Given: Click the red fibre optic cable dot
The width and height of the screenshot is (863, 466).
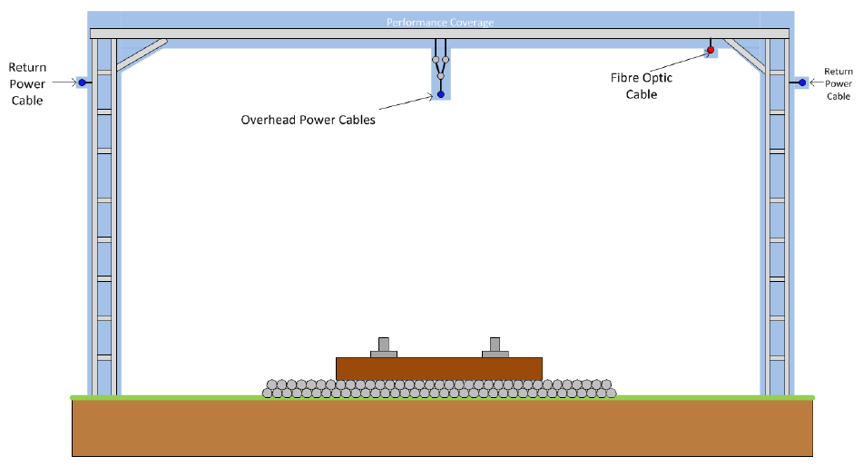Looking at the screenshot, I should coord(711,49).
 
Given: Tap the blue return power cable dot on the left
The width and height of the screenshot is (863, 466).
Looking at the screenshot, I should coord(82,83).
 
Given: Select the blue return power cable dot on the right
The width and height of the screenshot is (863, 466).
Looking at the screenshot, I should coord(802,83).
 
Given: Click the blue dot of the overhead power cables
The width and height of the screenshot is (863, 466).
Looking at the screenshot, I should coord(440,94).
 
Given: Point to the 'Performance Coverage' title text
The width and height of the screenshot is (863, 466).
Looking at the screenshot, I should coord(440,22).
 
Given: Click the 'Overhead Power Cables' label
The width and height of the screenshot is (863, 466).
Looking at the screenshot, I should coord(307,120).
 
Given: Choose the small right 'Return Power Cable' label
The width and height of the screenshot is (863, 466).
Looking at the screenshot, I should coord(838,83).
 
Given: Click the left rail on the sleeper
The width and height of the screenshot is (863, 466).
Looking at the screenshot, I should coord(383,346).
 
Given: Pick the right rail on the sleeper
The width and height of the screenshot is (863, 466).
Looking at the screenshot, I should coord(495,346).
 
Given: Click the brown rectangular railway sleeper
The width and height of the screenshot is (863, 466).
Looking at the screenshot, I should coord(439,368).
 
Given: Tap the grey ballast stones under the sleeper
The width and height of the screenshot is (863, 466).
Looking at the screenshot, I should coord(439,389).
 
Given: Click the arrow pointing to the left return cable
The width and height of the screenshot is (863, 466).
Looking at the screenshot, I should coord(64,83).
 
